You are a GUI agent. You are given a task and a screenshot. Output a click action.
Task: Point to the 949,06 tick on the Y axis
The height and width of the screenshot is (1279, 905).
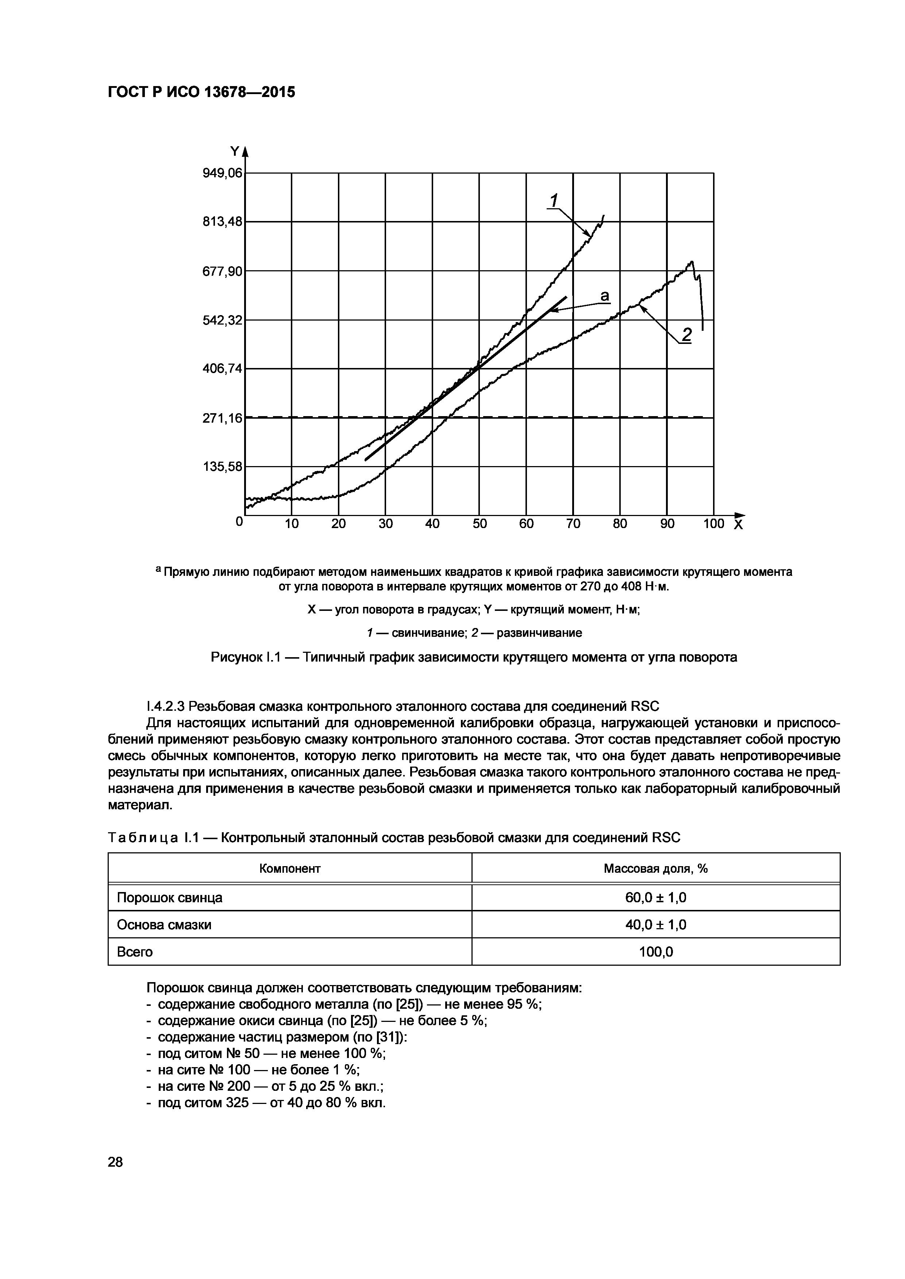223,173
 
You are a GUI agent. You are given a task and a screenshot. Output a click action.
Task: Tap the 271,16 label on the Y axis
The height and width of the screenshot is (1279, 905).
223,418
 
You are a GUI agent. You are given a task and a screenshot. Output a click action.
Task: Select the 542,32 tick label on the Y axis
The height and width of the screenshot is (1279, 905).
223,320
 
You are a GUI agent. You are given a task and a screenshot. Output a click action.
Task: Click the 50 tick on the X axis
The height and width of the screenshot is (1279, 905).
479,524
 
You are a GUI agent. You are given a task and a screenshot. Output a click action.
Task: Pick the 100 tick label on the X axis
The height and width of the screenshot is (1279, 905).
713,524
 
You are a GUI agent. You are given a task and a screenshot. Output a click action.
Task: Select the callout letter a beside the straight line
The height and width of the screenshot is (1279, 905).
605,295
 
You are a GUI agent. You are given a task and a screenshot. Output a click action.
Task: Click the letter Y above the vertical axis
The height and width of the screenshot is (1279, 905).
235,151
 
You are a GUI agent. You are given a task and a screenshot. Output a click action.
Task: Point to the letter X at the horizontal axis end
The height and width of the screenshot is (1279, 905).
738,525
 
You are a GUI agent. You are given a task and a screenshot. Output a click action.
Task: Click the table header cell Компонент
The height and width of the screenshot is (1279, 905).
290,868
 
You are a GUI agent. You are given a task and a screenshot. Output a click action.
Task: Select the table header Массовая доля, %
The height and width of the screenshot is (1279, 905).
655,868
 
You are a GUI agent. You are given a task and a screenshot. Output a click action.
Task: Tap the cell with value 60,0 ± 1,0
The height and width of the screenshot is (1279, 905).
655,898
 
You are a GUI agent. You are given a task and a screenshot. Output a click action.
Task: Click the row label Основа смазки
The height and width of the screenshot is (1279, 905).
164,925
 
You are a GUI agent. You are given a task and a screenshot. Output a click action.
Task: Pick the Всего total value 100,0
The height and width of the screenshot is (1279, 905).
655,952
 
